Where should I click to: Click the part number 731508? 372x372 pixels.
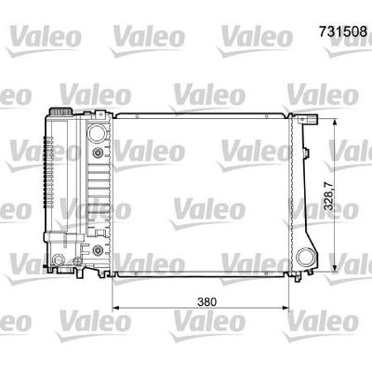[343, 32]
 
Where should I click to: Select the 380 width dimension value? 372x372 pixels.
[206, 302]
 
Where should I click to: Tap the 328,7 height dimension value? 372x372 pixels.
[329, 196]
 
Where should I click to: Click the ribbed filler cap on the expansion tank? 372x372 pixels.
[60, 112]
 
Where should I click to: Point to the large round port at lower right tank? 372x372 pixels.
[306, 257]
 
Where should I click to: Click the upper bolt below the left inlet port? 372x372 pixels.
[98, 153]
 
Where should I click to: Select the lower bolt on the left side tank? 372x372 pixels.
[98, 249]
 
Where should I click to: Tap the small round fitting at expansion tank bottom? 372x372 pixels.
[58, 259]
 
